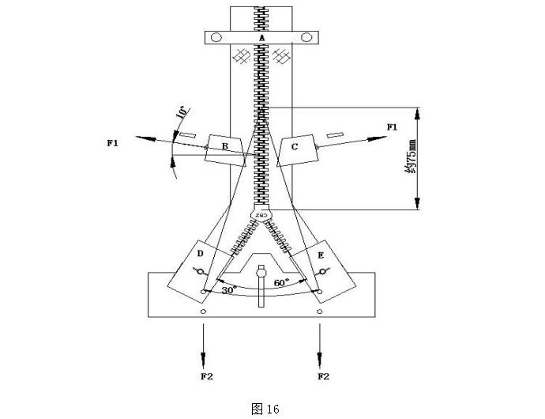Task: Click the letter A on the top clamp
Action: click(261, 37)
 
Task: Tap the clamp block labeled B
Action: click(224, 147)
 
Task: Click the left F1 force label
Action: click(113, 142)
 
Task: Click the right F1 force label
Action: click(393, 126)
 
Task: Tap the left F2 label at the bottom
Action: click(206, 376)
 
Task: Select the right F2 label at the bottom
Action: click(322, 376)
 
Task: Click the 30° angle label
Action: click(229, 290)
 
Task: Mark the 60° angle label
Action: click(281, 281)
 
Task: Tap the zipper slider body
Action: click(261, 213)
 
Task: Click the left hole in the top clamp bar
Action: click(218, 37)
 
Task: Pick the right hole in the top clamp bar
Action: click(306, 37)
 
